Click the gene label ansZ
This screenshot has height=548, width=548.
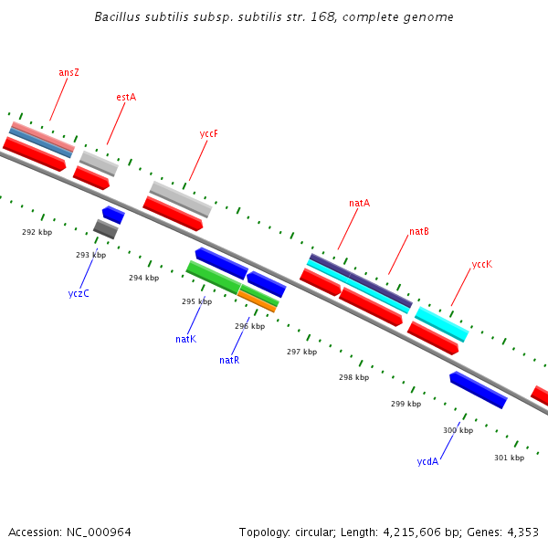coord(68,72)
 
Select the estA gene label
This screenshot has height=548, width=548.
coord(126,97)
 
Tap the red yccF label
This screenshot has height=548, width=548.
coord(209,133)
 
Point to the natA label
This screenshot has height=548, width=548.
coord(359,203)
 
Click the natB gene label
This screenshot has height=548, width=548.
coord(419,232)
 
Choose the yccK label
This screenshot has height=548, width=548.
coord(482,264)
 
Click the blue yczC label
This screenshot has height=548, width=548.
coord(79,293)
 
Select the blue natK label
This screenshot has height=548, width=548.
coord(186,339)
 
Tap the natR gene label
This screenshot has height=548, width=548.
coord(229,360)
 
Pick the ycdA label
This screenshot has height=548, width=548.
coord(427,461)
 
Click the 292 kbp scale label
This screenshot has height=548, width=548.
coord(37,232)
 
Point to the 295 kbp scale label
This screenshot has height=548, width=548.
coord(196,301)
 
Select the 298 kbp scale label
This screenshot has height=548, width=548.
coord(353,377)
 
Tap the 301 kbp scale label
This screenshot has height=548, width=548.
coord(509,458)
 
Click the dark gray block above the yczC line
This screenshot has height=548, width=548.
coord(105,229)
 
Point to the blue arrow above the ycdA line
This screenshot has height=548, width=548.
coord(478,390)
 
